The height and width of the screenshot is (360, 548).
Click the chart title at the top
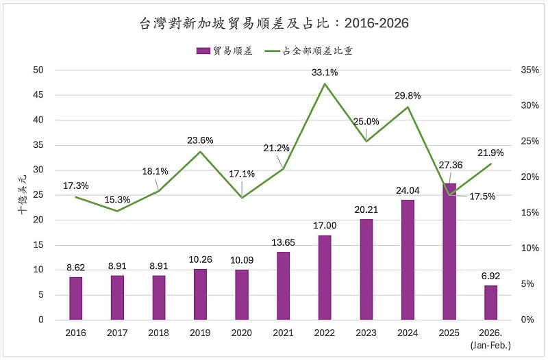click(x=273, y=23)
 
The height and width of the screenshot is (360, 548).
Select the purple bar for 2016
click(x=75, y=298)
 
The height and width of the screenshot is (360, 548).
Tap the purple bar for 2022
click(x=324, y=277)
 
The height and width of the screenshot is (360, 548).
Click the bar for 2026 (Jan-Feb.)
click(x=490, y=302)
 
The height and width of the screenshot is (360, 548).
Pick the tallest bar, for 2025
click(x=449, y=251)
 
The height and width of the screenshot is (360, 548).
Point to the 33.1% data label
click(x=324, y=72)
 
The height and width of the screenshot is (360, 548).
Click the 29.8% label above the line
click(x=408, y=95)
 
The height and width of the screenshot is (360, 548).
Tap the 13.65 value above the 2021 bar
click(x=283, y=242)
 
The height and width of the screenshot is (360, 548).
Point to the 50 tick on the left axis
click(x=38, y=70)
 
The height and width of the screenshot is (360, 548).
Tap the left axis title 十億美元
click(x=21, y=195)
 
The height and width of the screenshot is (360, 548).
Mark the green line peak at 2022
click(x=324, y=84)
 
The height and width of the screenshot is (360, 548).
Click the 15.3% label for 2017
click(x=117, y=199)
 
